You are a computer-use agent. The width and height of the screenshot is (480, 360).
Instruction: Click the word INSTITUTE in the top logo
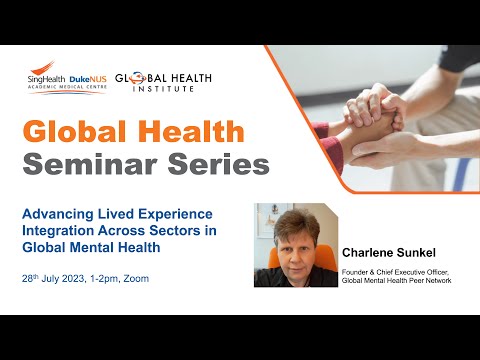[x=164, y=88]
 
